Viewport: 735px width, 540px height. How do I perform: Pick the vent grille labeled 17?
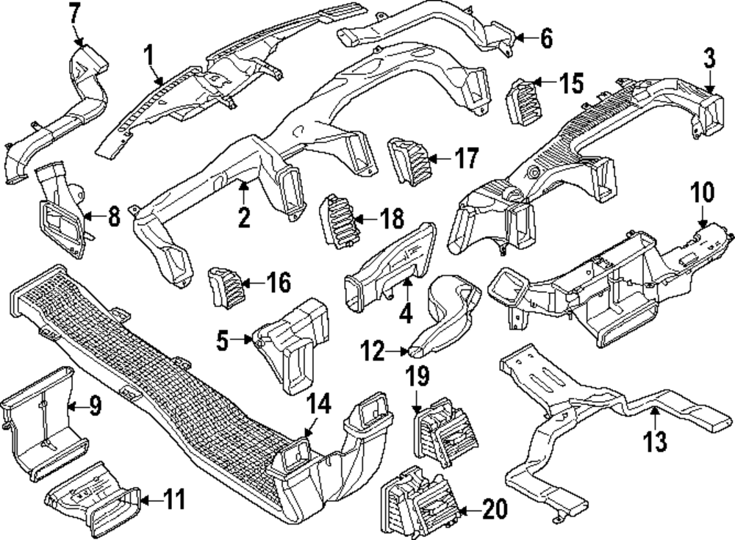408,160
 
